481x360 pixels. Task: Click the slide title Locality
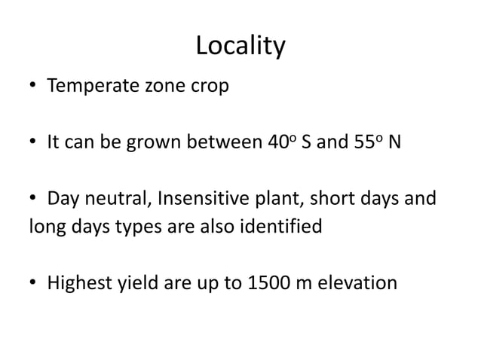pos(240,47)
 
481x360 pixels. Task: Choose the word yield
pos(136,283)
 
